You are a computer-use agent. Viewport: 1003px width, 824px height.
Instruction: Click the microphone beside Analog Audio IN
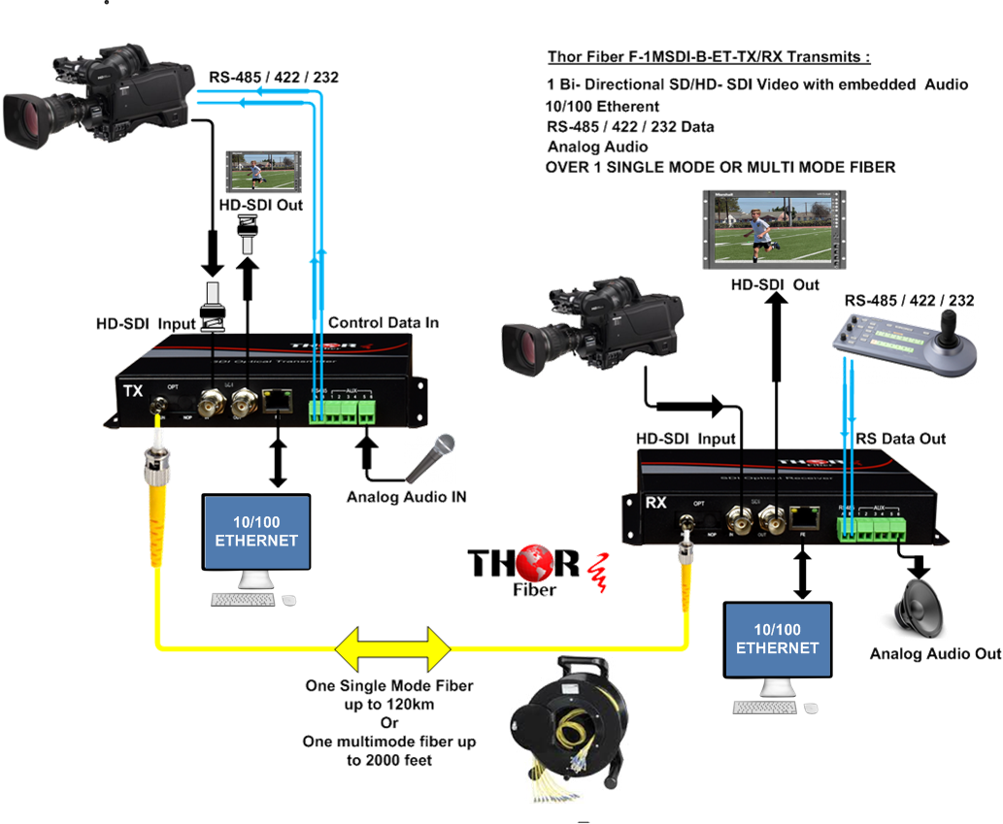coord(431,457)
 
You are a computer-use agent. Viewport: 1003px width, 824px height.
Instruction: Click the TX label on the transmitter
coord(134,390)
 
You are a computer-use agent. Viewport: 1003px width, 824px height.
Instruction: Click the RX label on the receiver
coord(656,503)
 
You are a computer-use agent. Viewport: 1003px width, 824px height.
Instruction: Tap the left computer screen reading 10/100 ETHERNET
coord(256,532)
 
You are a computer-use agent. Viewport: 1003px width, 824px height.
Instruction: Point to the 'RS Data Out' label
coord(900,439)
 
